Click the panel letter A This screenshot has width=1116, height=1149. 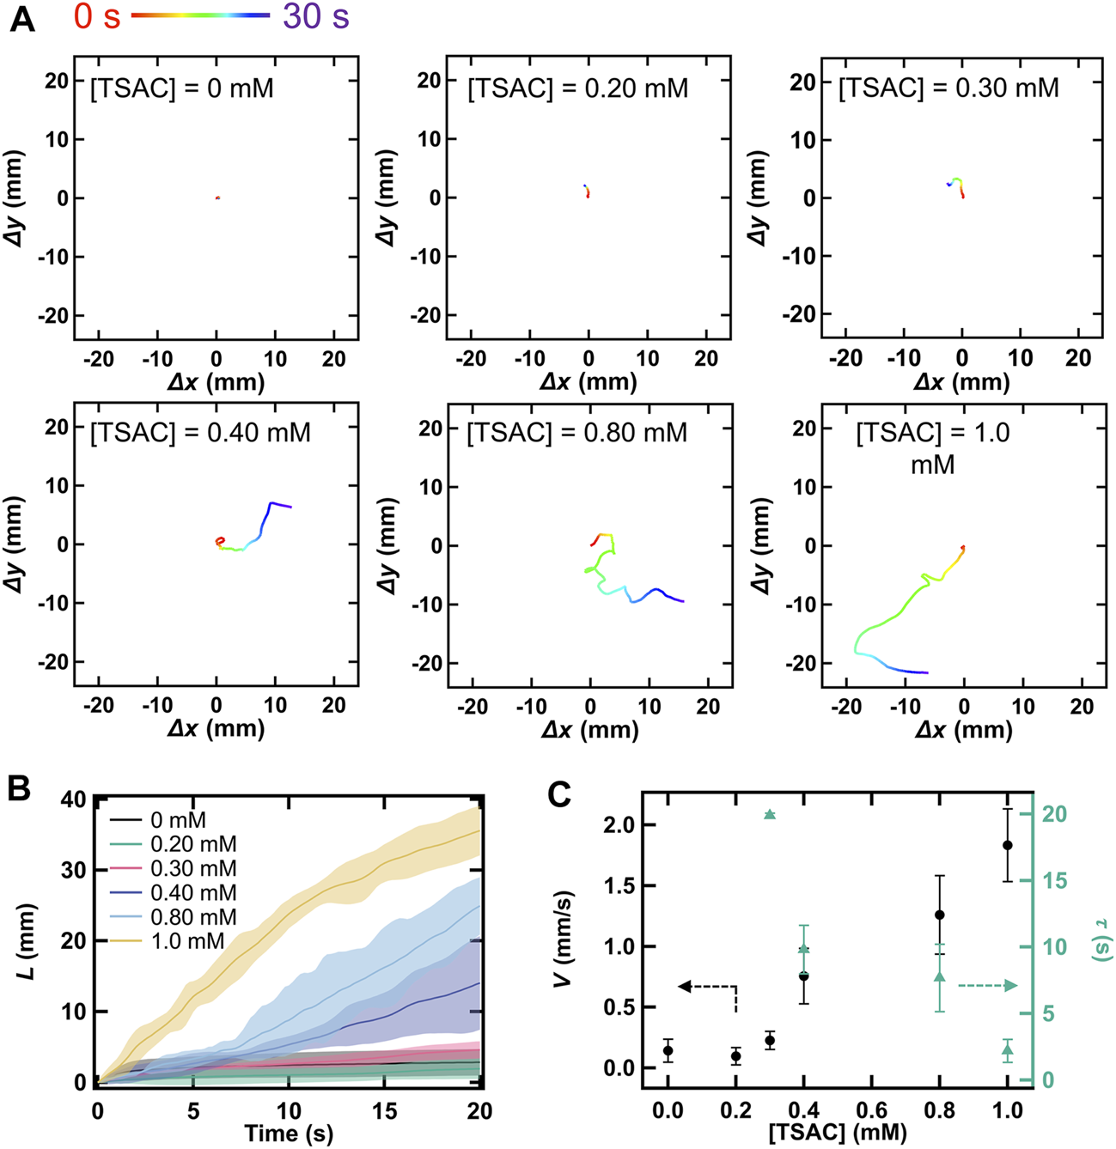(22, 18)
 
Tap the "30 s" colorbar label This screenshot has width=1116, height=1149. (315, 16)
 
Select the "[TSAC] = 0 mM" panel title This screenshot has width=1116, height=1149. (181, 88)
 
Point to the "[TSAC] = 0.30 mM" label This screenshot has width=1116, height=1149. (948, 88)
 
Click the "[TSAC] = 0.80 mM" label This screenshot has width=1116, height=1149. (576, 432)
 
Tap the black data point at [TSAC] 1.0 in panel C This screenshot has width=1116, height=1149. (1007, 845)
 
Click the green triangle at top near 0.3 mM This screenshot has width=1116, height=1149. (770, 814)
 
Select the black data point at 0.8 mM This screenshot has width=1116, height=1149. (939, 915)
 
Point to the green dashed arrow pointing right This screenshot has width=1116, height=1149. (988, 986)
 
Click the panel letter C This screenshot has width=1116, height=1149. (559, 795)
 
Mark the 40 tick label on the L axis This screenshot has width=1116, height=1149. (72, 799)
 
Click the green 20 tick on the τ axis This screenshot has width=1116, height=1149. (1053, 813)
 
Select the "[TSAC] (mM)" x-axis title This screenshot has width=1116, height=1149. (837, 1133)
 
